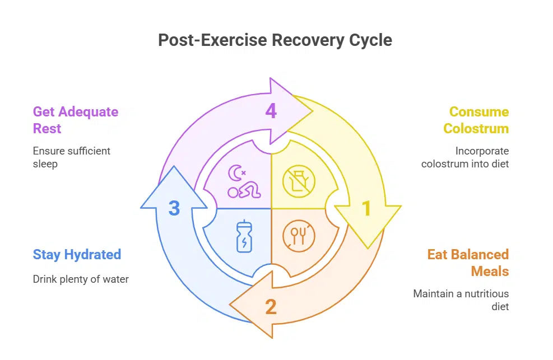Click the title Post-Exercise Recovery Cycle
(x=275, y=40)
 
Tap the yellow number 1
(x=366, y=209)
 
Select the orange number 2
(x=271, y=307)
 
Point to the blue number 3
(x=174, y=209)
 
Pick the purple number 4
(x=271, y=111)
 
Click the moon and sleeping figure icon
(x=243, y=181)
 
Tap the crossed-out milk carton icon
(x=299, y=181)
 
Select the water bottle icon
(x=244, y=236)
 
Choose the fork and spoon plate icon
(x=299, y=235)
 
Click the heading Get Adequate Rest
(x=75, y=120)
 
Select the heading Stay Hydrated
(x=77, y=254)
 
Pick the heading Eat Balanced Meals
(x=468, y=263)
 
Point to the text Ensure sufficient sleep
(x=72, y=157)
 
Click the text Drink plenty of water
(x=81, y=279)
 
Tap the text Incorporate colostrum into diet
(x=465, y=157)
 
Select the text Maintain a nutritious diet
(x=461, y=300)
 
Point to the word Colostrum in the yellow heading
(x=476, y=128)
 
